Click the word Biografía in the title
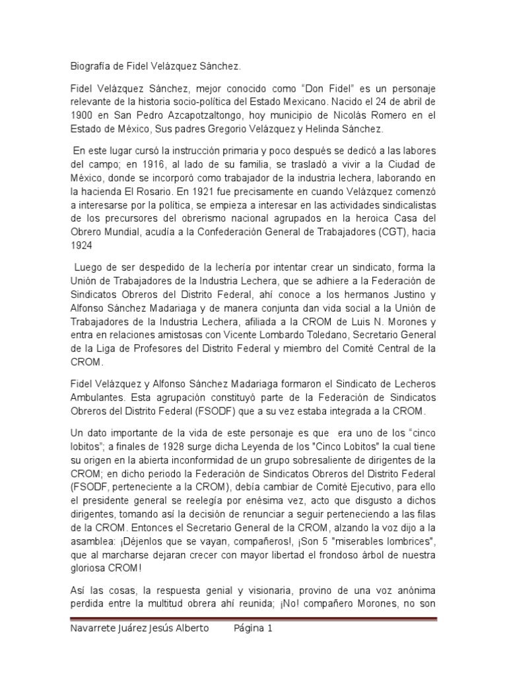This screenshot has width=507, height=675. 90,67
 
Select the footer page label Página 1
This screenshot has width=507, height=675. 253,628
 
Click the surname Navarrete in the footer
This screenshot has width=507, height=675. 94,628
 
